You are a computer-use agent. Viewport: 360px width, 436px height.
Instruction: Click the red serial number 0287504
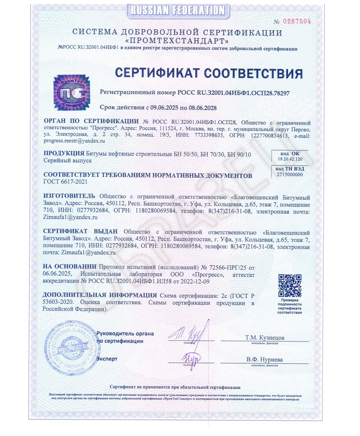pyautogui.click(x=298, y=21)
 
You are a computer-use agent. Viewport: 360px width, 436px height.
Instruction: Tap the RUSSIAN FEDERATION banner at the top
pyautogui.click(x=177, y=10)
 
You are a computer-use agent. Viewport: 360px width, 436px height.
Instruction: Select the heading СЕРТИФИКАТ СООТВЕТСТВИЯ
pyautogui.click(x=209, y=73)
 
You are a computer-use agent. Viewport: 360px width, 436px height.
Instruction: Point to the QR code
pyautogui.click(x=290, y=285)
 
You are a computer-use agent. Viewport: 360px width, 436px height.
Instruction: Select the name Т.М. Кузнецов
pyautogui.click(x=264, y=338)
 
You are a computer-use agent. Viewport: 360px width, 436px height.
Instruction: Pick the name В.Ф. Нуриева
pyautogui.click(x=264, y=359)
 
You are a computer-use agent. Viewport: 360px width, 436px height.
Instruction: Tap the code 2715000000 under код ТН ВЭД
pyautogui.click(x=290, y=174)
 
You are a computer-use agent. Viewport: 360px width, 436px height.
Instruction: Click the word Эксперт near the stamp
pyautogui.click(x=106, y=359)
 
